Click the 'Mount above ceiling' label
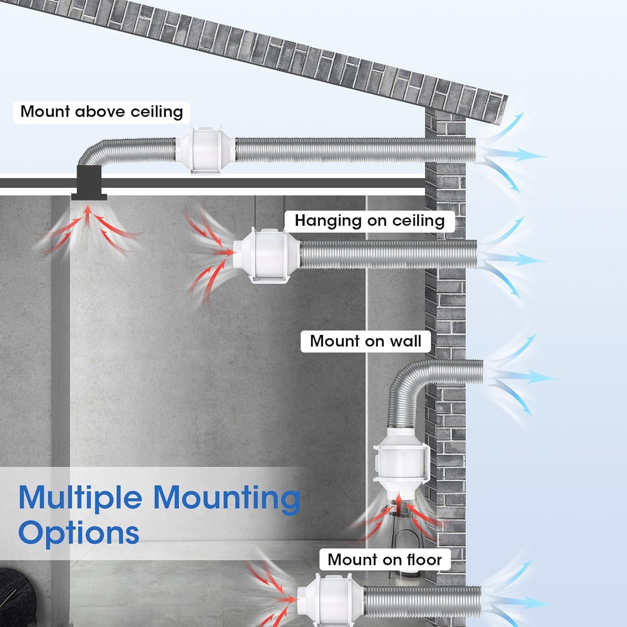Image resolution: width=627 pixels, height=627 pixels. click(x=102, y=112)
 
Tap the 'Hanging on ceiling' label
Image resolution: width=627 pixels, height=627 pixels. click(x=370, y=221)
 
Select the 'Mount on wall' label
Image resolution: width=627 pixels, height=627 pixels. click(x=365, y=341)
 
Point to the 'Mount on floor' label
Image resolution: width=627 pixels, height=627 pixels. click(x=385, y=559)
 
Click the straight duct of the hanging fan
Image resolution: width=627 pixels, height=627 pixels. click(x=388, y=254)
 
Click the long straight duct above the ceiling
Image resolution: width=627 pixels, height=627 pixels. click(x=356, y=150)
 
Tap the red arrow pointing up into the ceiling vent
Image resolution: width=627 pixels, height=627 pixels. click(x=87, y=217)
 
